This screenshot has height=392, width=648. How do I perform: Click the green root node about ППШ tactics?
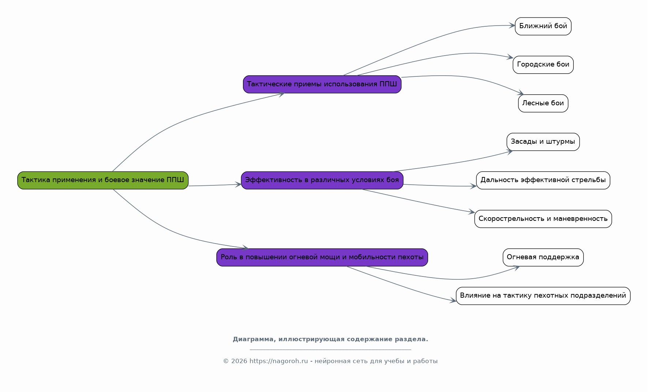103,180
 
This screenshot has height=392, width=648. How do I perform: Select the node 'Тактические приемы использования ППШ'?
322,84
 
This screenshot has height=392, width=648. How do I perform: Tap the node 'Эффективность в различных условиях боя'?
322,180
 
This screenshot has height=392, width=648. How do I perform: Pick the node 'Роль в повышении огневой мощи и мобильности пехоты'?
322,257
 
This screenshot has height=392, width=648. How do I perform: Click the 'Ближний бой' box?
543,26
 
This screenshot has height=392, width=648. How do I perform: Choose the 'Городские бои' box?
543,65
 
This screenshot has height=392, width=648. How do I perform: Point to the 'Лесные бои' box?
543,103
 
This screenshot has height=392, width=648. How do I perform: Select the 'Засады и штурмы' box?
543,142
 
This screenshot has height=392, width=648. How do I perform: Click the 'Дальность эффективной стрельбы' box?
543,180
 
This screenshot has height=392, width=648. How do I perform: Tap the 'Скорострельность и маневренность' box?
543,219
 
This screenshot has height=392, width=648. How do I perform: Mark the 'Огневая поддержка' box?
543,257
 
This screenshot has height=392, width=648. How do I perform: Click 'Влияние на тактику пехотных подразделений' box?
543,296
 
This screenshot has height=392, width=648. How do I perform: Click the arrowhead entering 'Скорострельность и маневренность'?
472,212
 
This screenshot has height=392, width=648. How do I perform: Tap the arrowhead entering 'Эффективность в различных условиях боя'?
238,185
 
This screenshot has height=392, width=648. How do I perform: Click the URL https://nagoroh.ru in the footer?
279,361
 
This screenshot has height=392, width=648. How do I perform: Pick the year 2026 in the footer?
239,361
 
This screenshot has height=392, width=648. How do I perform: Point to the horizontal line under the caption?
330,350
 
